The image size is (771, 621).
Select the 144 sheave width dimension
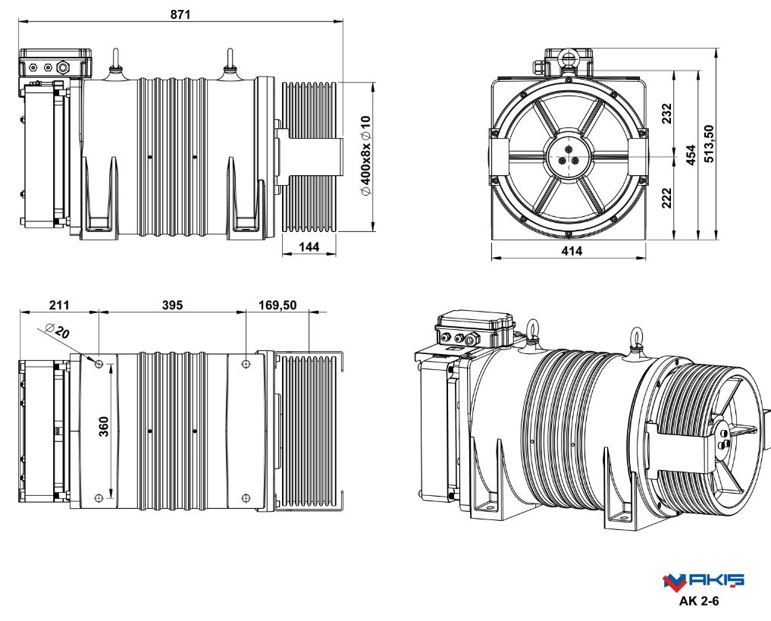click(x=309, y=246)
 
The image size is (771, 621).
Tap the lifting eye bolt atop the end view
click(x=567, y=56)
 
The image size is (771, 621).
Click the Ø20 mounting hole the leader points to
click(x=99, y=365)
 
